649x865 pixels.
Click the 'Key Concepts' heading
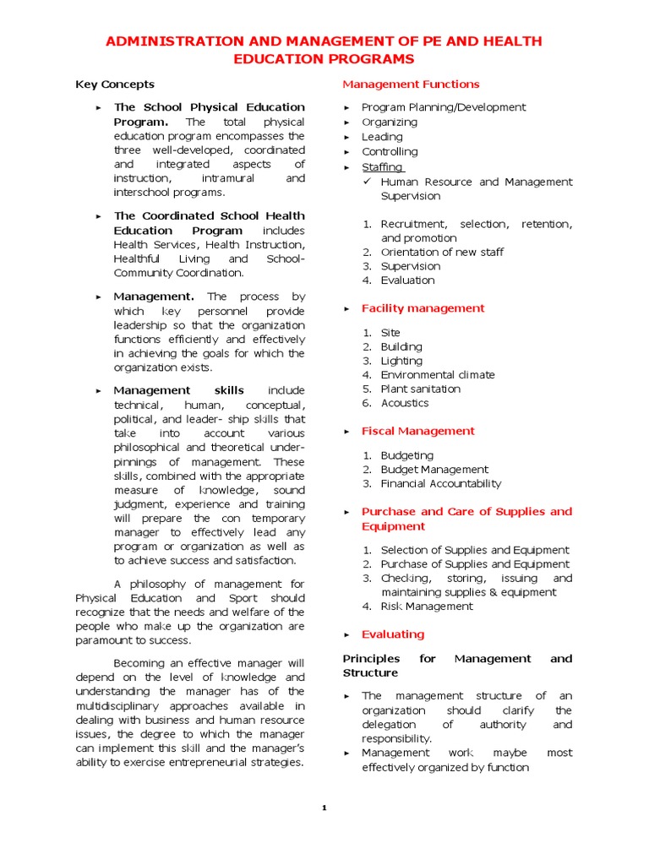click(x=115, y=84)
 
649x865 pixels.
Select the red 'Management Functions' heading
click(x=411, y=84)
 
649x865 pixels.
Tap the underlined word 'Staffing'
click(x=383, y=167)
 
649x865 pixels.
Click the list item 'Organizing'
click(x=389, y=122)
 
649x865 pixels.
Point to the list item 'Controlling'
click(x=390, y=152)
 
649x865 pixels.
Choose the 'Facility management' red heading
click(x=423, y=308)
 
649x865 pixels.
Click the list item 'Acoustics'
click(x=404, y=404)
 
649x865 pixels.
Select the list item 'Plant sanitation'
click(x=420, y=389)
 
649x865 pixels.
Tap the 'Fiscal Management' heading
click(x=417, y=432)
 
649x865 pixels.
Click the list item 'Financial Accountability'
click(x=440, y=484)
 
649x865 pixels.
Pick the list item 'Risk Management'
click(x=427, y=607)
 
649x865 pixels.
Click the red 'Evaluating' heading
click(x=393, y=634)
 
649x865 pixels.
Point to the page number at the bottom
click(x=324, y=808)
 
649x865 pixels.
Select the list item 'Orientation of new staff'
click(x=443, y=253)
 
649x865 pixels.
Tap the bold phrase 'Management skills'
click(x=178, y=390)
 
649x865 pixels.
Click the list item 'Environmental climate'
click(x=438, y=375)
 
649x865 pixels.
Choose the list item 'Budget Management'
click(x=434, y=470)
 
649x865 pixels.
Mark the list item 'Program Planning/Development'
click(x=443, y=107)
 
